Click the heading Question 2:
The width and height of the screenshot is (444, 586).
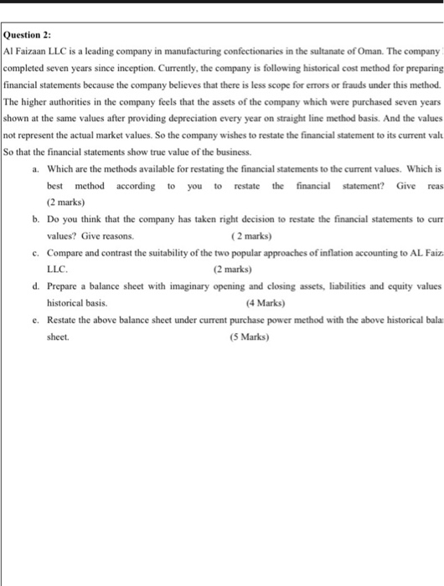point(28,35)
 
